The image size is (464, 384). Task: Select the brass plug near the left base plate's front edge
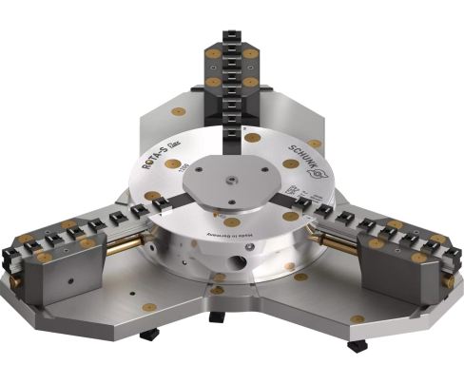click(148, 306)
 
